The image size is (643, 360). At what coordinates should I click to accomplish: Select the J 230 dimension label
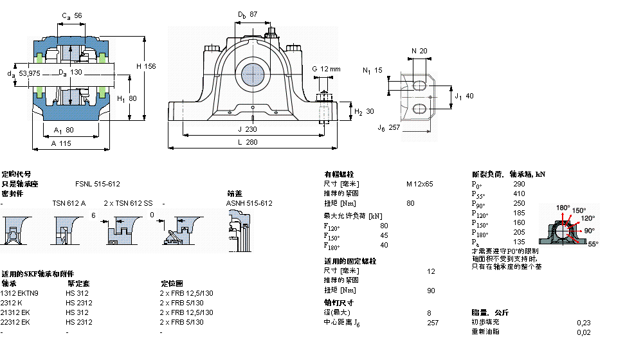coord(251,128)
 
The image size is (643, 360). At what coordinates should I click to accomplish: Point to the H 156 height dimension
coord(147,66)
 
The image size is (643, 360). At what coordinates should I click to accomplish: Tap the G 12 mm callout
coord(326,69)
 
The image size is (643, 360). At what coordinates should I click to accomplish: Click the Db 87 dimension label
coord(248,14)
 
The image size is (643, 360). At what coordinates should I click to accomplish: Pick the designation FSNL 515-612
coord(97,184)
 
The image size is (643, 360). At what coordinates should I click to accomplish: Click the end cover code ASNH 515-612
coord(249,203)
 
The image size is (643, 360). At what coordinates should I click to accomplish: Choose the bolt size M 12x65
coord(419,184)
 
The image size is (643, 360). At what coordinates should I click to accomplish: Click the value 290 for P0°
coord(519,184)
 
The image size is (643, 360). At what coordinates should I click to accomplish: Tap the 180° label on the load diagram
coord(563,208)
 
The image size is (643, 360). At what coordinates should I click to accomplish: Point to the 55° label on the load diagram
coord(592,244)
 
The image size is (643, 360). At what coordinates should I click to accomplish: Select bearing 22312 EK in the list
coord(16,322)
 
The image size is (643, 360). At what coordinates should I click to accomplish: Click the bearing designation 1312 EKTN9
coord(20,293)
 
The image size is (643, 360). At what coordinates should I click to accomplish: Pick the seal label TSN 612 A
coord(69,203)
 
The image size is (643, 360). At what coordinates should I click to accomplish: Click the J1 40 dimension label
coord(464,96)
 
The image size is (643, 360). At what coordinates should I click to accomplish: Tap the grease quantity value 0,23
coord(584,322)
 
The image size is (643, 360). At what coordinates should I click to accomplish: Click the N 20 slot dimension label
coord(419,51)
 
